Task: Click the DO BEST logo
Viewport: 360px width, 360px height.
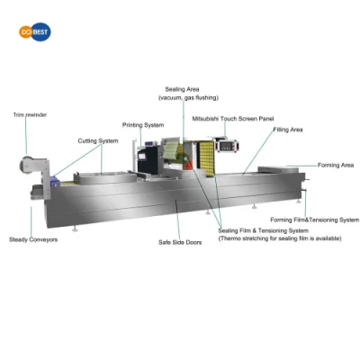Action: click(35, 31)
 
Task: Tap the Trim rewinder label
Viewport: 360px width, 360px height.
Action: click(30, 115)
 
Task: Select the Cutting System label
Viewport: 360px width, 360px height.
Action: click(98, 140)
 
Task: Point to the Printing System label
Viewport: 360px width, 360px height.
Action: click(143, 125)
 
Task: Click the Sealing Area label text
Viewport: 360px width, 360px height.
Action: click(182, 89)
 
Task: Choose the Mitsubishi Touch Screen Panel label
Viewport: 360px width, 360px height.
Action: click(233, 119)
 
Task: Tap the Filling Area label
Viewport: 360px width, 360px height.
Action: click(288, 130)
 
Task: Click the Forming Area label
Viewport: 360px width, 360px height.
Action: click(336, 165)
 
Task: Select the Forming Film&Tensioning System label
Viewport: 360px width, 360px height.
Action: click(315, 220)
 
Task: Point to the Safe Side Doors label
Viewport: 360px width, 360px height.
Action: click(180, 242)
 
